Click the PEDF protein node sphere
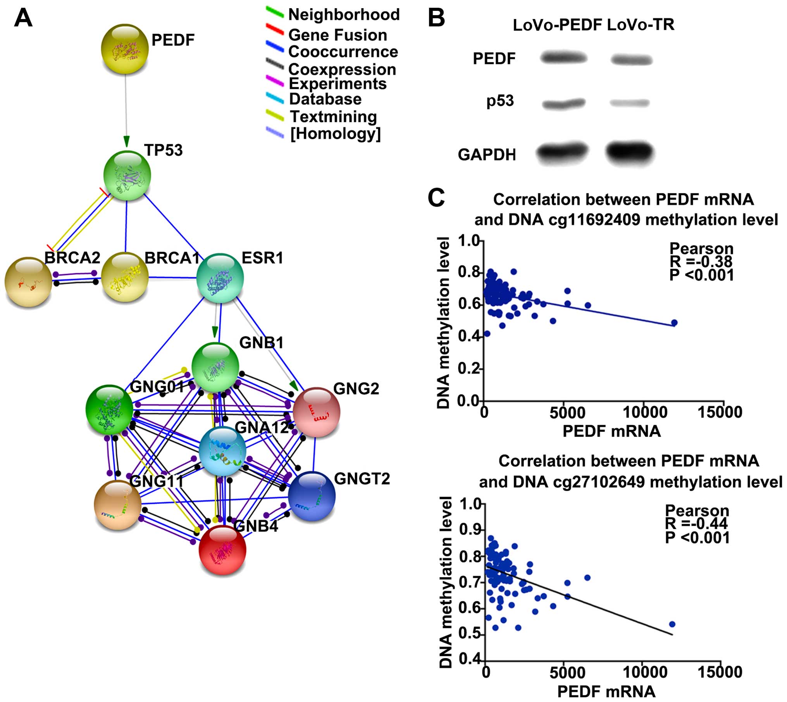[x=124, y=48]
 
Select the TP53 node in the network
[x=127, y=176]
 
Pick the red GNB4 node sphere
[x=222, y=549]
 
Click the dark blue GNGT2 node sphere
[x=312, y=496]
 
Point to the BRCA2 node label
[x=72, y=257]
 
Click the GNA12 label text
[x=262, y=428]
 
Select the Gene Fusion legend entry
[x=338, y=35]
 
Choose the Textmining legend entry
[x=333, y=116]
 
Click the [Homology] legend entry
[x=336, y=133]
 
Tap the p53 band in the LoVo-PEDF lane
[x=563, y=103]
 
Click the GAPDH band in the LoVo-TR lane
[x=630, y=152]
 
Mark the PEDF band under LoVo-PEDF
[x=564, y=58]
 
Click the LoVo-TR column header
[x=641, y=25]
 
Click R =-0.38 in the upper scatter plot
[x=701, y=261]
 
